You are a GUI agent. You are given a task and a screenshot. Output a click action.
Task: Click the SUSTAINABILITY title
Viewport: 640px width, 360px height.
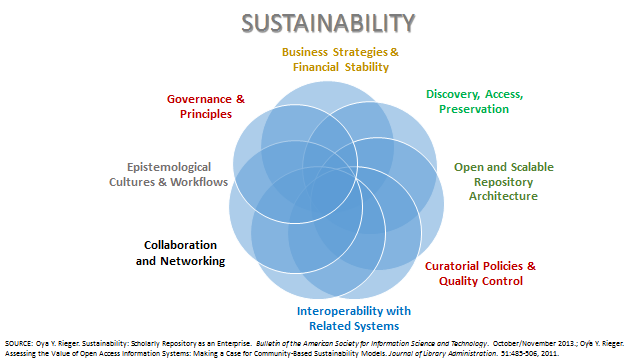point(328,23)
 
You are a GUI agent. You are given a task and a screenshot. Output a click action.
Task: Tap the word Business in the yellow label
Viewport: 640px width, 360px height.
point(304,52)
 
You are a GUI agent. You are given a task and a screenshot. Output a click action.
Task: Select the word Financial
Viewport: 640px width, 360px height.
point(316,67)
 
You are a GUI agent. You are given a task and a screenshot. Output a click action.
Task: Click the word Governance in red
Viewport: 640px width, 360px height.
point(199,99)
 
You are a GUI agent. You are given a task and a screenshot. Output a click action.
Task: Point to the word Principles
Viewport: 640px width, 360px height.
point(206,114)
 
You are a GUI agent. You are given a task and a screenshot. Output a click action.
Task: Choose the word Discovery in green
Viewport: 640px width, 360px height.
point(453,94)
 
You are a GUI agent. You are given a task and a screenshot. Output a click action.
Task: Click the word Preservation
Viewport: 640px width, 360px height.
point(474,109)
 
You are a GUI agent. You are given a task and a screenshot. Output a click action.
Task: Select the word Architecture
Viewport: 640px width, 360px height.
point(503,196)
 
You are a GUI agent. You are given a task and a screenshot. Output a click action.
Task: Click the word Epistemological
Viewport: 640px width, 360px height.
point(169,167)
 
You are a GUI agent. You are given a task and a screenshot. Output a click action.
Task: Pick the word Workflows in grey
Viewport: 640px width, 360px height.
point(199,182)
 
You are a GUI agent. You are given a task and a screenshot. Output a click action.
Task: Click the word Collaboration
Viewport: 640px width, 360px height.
point(180,245)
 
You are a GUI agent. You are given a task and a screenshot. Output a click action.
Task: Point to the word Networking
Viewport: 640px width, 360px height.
point(193,261)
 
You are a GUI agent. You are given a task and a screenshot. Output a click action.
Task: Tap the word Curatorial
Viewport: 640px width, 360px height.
point(452,266)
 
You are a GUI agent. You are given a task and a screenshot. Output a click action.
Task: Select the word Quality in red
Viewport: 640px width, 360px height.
point(459,281)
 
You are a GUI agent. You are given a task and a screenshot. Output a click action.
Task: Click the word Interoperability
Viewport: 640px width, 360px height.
point(340,311)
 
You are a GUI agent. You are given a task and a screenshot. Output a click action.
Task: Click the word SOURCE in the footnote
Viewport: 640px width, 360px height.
point(18,344)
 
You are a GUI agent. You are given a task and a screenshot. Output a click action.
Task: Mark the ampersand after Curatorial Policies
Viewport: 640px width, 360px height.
point(531,266)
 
